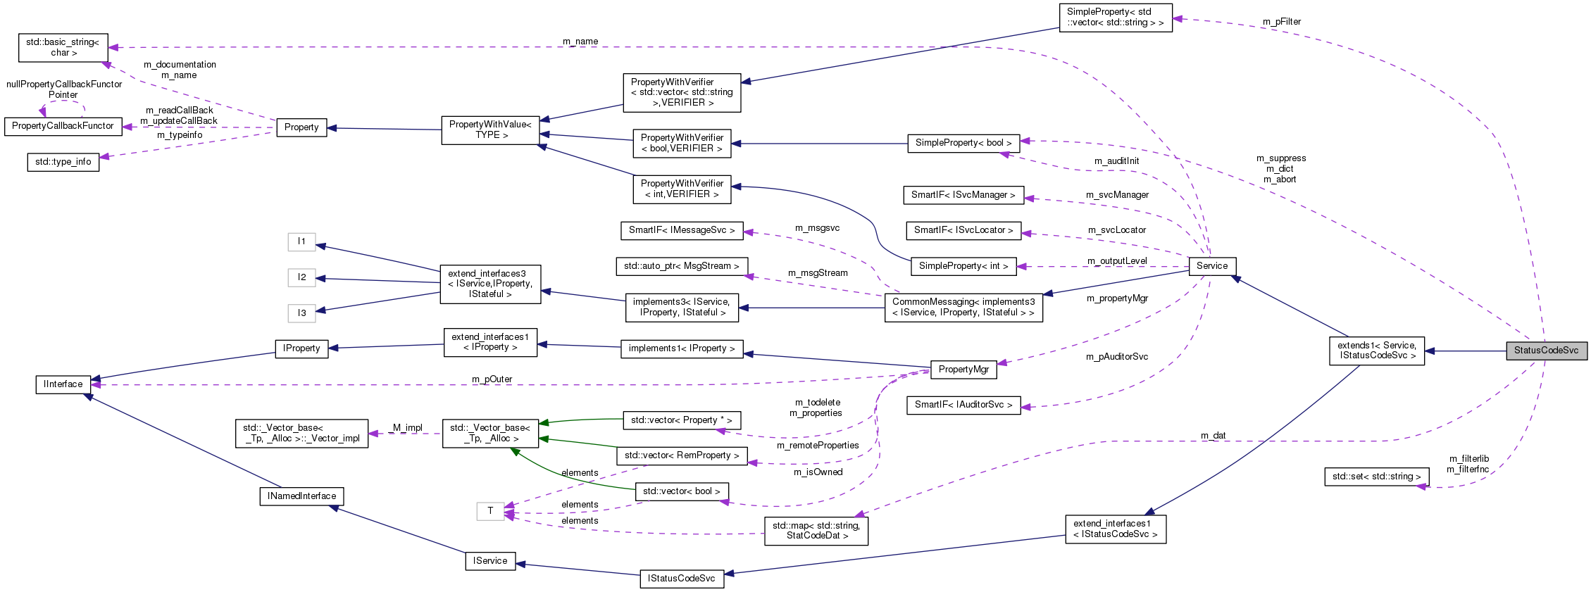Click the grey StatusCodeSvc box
point(1546,351)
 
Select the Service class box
point(1211,266)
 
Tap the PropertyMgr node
point(963,370)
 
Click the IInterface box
point(63,384)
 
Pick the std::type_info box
point(63,162)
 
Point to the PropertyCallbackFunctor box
point(63,126)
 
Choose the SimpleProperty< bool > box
point(963,143)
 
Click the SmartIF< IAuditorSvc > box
point(963,405)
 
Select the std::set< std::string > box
point(1376,477)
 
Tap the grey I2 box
point(301,277)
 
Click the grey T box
point(490,511)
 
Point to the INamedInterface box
point(301,496)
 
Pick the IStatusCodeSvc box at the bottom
point(681,579)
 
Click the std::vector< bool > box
point(681,491)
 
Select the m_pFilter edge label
point(1281,22)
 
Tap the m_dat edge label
point(1213,436)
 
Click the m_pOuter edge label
point(492,379)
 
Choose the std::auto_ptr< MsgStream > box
point(681,266)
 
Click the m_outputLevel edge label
point(1117,261)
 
